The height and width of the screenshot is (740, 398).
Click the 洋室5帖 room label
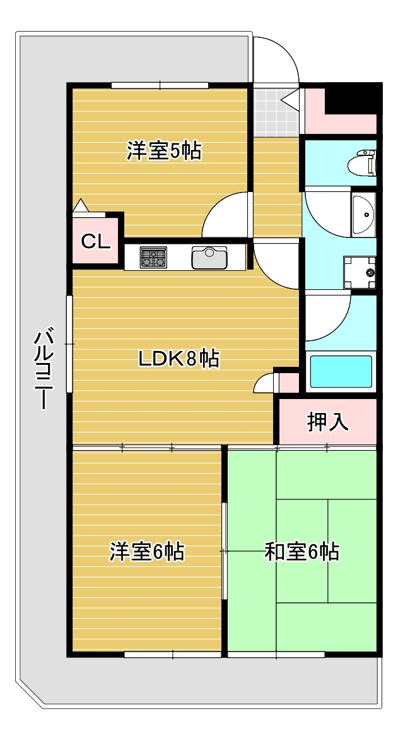(164, 151)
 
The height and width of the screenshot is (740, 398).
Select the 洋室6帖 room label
(147, 551)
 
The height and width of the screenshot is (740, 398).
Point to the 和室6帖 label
(301, 551)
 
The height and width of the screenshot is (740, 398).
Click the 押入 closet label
(327, 422)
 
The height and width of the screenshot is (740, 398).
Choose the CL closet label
(96, 241)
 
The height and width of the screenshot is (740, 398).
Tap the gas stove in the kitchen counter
(153, 258)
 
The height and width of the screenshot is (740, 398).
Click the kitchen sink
(209, 258)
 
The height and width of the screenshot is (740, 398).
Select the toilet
(366, 162)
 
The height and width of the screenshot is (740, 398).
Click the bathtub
(341, 372)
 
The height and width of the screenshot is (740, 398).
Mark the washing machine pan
(360, 272)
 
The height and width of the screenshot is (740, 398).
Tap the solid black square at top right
(357, 98)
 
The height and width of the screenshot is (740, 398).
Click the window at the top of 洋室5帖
(160, 85)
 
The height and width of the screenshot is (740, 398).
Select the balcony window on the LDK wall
(70, 343)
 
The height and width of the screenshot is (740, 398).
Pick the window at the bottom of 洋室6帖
(172, 655)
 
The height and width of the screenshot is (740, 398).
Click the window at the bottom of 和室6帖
(276, 655)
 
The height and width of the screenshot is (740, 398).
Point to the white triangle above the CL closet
(81, 206)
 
